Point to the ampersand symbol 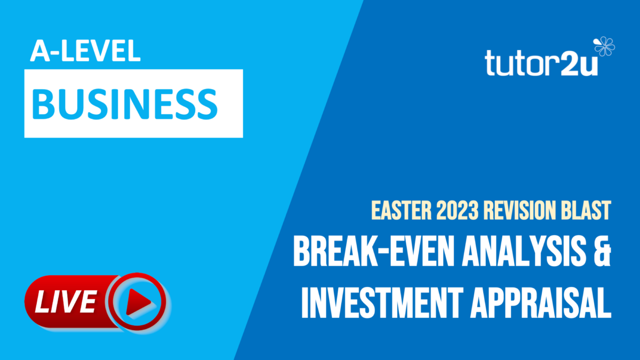(x=602, y=254)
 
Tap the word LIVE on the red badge (x=66, y=302)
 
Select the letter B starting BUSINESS (x=45, y=103)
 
